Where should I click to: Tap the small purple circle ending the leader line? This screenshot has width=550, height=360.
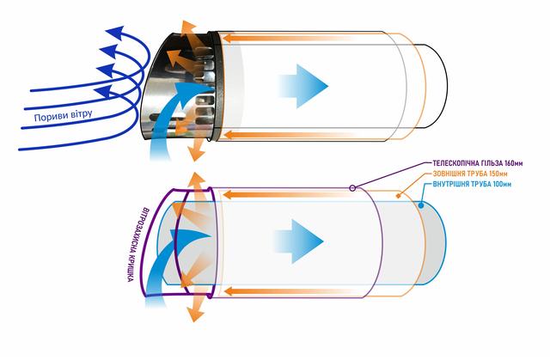point(352,187)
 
